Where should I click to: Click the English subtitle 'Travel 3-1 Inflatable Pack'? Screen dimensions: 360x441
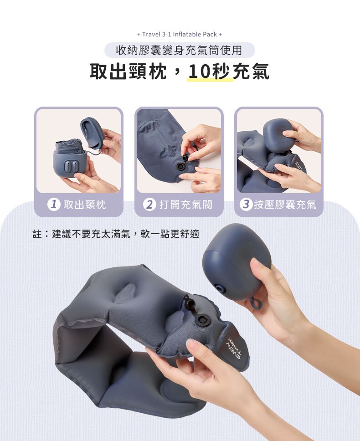[x=180, y=34]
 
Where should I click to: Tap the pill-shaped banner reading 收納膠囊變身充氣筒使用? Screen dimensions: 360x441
[x=180, y=51]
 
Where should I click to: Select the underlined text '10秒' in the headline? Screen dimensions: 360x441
[x=209, y=72]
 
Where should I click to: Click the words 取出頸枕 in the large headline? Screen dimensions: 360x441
[x=128, y=72]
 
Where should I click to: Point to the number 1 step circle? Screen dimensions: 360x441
[x=54, y=205]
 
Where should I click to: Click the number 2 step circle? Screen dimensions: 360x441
[x=149, y=205]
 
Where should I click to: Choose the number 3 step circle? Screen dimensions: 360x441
[x=246, y=205]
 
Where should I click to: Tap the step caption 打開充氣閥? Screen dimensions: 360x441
[x=185, y=205]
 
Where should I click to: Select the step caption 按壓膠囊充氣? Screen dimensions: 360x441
[x=285, y=205]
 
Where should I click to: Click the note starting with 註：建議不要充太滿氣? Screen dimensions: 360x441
[x=116, y=234]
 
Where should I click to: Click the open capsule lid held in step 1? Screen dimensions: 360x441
[x=92, y=133]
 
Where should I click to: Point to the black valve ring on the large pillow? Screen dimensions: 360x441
[x=202, y=320]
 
